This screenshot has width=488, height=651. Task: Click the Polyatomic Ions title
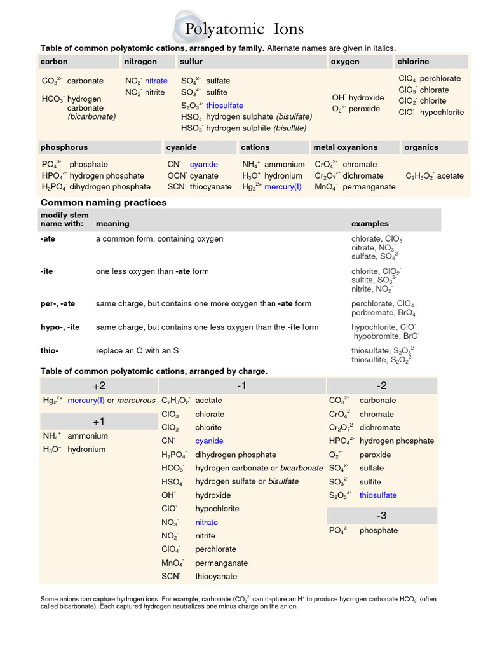click(244, 29)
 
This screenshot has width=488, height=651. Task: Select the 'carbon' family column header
click(54, 62)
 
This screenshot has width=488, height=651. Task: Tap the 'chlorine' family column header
click(413, 62)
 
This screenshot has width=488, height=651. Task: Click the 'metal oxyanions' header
click(345, 147)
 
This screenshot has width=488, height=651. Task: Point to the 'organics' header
click(421, 147)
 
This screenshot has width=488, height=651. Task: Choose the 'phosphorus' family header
click(64, 147)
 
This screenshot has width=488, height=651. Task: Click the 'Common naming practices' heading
click(104, 202)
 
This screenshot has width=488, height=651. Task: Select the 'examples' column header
click(370, 224)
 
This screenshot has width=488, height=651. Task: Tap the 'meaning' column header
click(112, 224)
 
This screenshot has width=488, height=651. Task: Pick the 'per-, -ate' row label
click(58, 304)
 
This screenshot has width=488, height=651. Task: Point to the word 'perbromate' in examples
click(372, 313)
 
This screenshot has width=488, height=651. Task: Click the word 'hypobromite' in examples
click(376, 336)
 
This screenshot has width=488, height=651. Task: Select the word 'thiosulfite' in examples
click(370, 359)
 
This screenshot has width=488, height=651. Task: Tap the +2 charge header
click(99, 386)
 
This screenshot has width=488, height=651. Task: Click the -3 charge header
click(382, 516)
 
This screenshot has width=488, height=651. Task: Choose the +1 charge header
click(99, 421)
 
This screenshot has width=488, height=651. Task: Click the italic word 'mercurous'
click(136, 401)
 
